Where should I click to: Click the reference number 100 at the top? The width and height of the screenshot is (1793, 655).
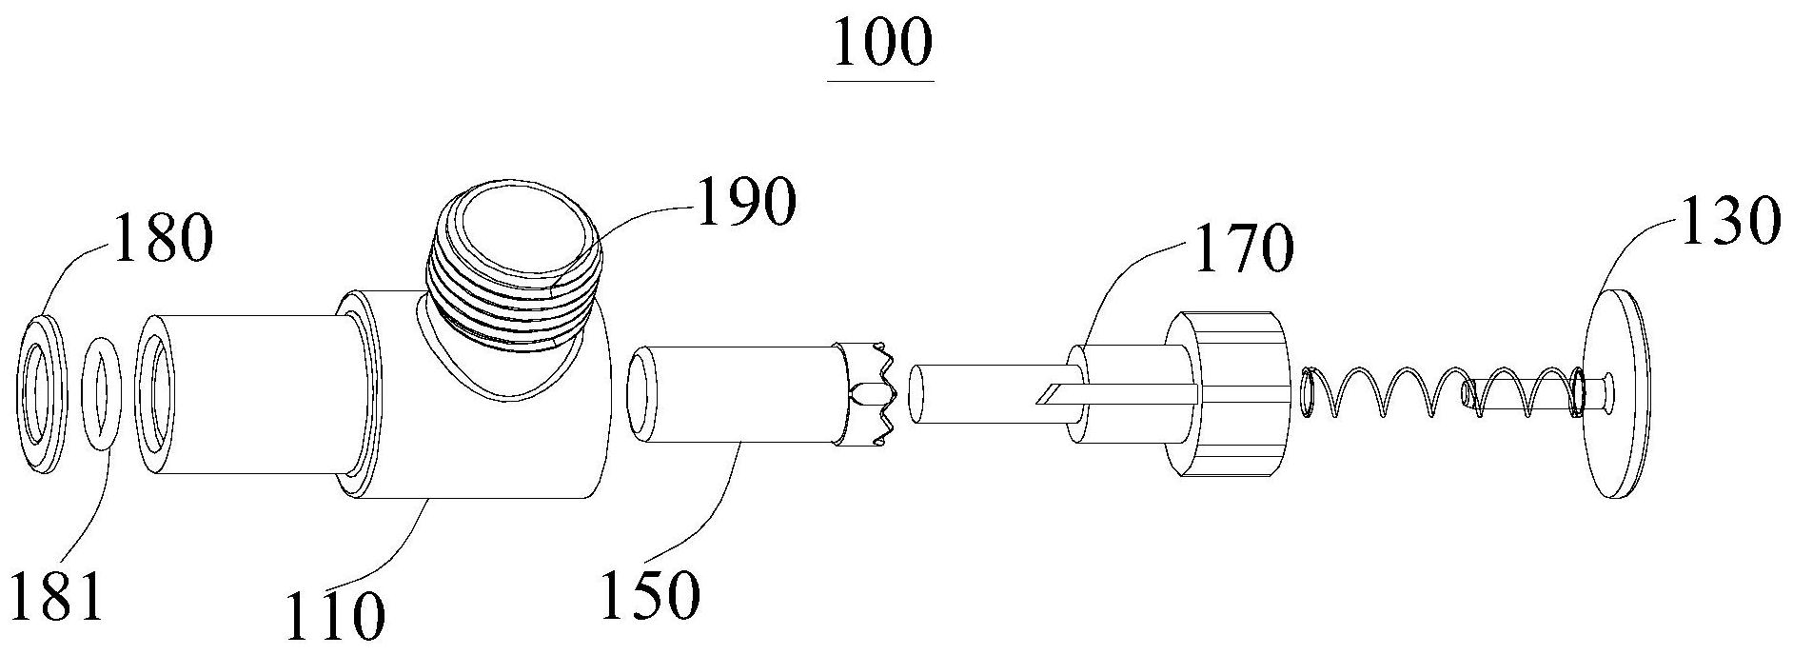click(880, 42)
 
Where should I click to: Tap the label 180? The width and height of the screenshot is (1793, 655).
click(162, 239)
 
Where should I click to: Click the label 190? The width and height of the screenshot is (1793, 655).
click(745, 203)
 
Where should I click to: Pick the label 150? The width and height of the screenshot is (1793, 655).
click(651, 595)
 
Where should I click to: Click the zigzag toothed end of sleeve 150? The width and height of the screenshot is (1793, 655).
click(869, 391)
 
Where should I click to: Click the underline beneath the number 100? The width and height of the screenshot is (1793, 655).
click(881, 80)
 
